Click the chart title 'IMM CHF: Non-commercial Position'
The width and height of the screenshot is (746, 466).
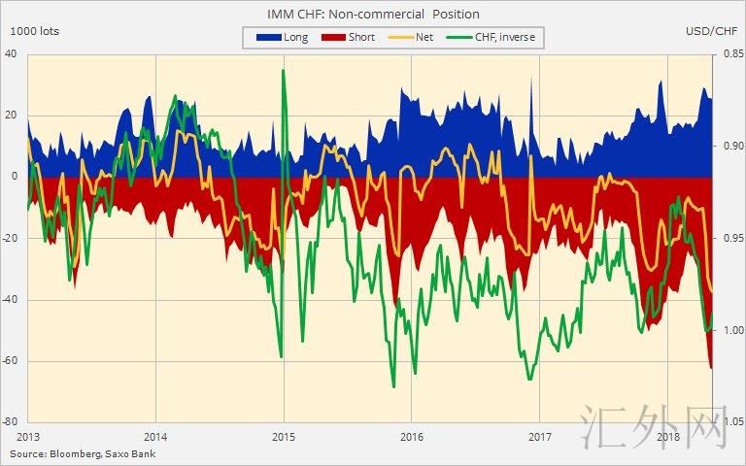(373, 14)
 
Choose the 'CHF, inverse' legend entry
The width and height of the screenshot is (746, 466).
(494, 37)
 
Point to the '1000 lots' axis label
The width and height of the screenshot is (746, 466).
(34, 31)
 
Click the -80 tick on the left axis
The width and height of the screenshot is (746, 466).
(11, 422)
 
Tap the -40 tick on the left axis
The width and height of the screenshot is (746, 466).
(11, 300)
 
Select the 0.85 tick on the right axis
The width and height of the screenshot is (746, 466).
(728, 53)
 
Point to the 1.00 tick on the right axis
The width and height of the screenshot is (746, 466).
(728, 330)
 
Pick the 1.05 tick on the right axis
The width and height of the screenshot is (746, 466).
(728, 422)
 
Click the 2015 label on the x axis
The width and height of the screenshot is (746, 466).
(284, 436)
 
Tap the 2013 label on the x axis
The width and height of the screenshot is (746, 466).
(28, 436)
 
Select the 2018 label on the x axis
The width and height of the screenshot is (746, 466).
(668, 436)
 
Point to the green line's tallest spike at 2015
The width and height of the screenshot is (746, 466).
(283, 71)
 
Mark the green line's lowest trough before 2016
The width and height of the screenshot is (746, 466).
(393, 386)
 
